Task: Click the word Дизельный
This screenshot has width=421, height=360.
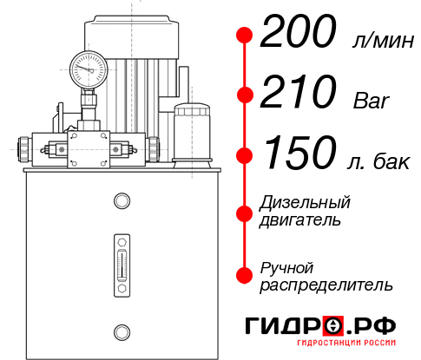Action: pyautogui.click(x=306, y=203)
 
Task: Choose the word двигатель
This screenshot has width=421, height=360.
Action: pyautogui.click(x=300, y=220)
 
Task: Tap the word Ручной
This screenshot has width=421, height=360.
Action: pyautogui.click(x=286, y=266)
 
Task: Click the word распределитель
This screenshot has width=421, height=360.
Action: pyautogui.click(x=326, y=284)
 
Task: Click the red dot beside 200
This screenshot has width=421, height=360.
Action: pyautogui.click(x=245, y=36)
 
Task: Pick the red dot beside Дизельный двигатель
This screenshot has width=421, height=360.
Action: pyautogui.click(x=245, y=213)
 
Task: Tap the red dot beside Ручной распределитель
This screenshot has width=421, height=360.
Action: pyautogui.click(x=245, y=275)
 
